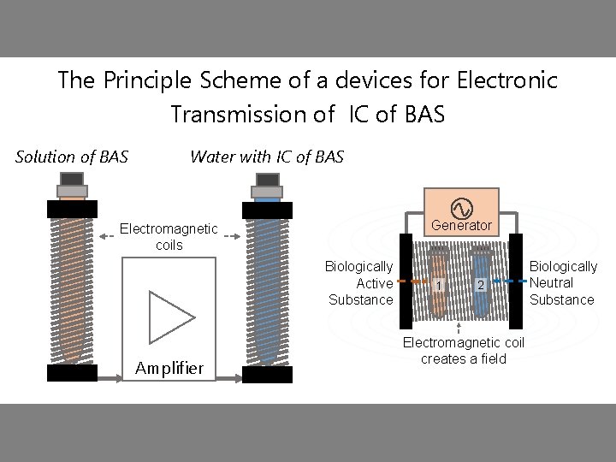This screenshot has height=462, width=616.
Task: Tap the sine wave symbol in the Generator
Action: pyautogui.click(x=460, y=207)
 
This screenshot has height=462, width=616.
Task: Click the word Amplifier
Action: pyautogui.click(x=169, y=369)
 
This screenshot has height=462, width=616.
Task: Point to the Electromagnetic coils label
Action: pyautogui.click(x=169, y=237)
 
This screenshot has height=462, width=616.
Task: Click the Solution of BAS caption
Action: pyautogui.click(x=72, y=157)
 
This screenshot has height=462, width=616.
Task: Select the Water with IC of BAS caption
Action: pyautogui.click(x=266, y=157)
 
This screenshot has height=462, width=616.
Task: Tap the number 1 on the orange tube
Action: pyautogui.click(x=438, y=285)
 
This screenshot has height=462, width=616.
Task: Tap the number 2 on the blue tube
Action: pyautogui.click(x=481, y=285)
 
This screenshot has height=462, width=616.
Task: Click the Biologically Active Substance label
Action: pyautogui.click(x=360, y=283)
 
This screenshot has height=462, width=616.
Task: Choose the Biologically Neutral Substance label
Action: pyautogui.click(x=563, y=283)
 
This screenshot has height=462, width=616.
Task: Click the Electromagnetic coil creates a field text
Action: pyautogui.click(x=463, y=351)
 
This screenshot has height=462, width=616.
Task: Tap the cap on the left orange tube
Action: pyautogui.click(x=72, y=182)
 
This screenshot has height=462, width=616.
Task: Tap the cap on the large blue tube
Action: pyautogui.click(x=267, y=182)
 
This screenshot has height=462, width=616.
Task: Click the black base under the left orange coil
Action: pyautogui.click(x=72, y=373)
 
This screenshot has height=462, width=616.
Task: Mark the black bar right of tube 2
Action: pyautogui.click(x=516, y=281)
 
